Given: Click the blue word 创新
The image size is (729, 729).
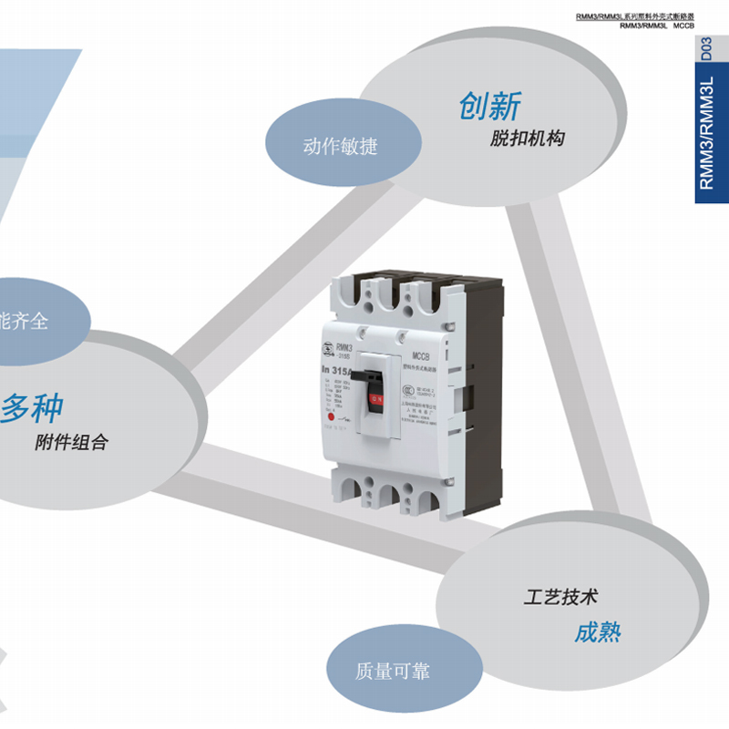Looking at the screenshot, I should click(490, 107).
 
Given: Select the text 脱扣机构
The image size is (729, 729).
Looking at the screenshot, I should click(527, 139).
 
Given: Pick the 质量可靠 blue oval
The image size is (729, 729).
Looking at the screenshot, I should click(392, 673).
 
